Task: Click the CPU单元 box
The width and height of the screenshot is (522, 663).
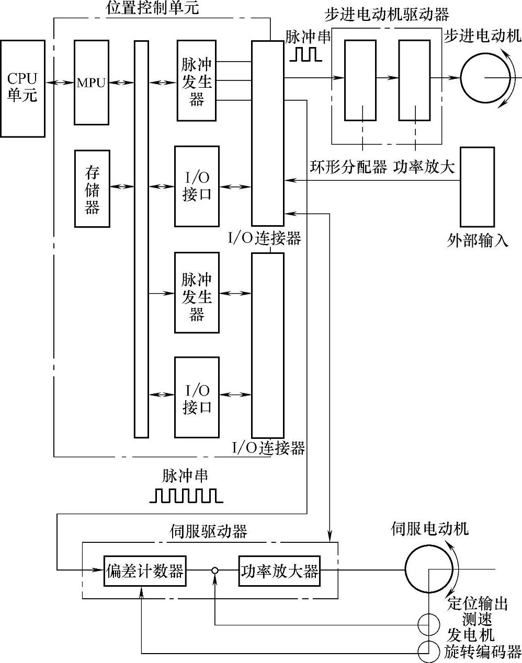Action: (22, 88)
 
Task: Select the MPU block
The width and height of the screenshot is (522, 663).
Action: (92, 82)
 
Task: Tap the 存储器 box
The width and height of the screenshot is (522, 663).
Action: (92, 189)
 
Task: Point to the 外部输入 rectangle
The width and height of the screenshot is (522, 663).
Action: (476, 187)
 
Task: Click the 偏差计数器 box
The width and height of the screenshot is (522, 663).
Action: (145, 571)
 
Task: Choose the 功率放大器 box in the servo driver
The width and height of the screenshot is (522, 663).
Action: (279, 571)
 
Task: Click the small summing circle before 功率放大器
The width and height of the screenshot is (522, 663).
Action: (214, 571)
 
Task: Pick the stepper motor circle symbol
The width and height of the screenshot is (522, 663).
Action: (485, 78)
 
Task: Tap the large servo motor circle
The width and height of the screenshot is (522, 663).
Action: (428, 570)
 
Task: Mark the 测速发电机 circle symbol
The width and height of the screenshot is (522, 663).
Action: (428, 625)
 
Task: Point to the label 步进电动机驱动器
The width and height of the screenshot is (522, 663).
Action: (387, 14)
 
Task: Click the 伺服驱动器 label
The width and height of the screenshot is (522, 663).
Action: (209, 532)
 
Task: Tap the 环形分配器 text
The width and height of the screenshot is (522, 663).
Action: (348, 167)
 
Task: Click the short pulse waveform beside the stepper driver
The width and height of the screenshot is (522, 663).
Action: (303, 54)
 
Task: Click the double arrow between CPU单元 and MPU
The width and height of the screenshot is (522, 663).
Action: (59, 83)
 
